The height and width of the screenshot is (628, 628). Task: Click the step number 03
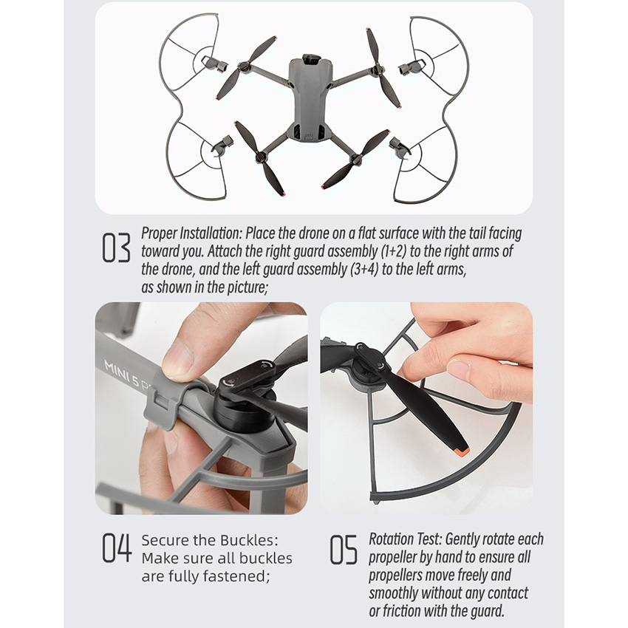[x=116, y=248]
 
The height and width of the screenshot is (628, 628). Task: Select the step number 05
[x=344, y=550]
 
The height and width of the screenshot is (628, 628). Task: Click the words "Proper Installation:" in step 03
[x=191, y=233]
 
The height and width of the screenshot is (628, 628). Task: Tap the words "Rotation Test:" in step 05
[x=405, y=539]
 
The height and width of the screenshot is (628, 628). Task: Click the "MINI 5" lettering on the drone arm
[x=121, y=373]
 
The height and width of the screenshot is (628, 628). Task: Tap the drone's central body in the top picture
[x=310, y=100]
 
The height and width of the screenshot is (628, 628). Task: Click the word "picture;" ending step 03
[x=248, y=287]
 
